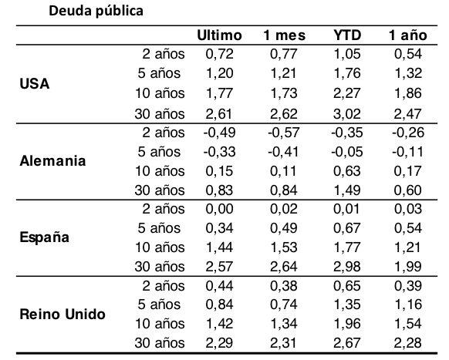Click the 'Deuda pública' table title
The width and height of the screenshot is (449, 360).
point(96,12)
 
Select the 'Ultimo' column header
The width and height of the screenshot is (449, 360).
point(219,35)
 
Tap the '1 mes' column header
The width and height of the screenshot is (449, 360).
point(285,35)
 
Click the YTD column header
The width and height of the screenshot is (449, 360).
point(347,35)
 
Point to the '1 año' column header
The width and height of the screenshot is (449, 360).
point(408,35)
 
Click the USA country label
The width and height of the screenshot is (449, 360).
point(35,84)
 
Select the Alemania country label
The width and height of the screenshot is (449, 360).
point(52,161)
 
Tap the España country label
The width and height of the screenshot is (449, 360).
point(45,237)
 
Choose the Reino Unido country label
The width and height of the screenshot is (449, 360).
point(62,315)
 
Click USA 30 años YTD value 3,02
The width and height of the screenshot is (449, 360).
point(346,114)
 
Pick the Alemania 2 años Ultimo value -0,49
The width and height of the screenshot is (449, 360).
point(219,133)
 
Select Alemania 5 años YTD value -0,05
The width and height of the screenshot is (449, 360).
point(346,152)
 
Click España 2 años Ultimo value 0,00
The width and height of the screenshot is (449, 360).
point(219,209)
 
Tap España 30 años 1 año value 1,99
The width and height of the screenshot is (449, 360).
point(408,267)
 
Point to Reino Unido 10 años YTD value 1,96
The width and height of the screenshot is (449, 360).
point(346,324)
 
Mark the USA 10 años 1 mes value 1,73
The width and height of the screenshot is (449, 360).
point(284,93)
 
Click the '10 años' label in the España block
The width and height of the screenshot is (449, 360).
point(160,247)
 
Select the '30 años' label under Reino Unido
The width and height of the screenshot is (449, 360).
point(160,343)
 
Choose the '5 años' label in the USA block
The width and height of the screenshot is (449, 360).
point(159,73)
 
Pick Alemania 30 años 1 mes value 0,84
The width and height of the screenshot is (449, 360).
point(284,190)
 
